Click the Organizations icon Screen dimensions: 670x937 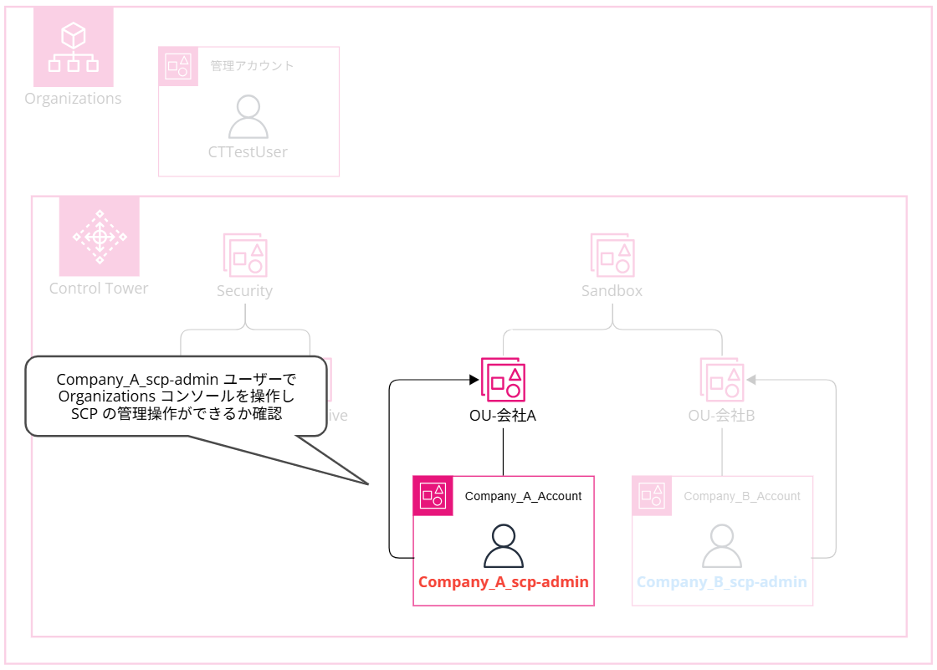[x=73, y=47]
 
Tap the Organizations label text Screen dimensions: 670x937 [x=73, y=99]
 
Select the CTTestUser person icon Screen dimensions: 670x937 [x=248, y=117]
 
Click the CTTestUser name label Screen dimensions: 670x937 [x=248, y=152]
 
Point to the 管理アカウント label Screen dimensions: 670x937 [x=252, y=65]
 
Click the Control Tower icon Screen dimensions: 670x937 [x=99, y=237]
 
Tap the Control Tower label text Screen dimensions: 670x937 [x=99, y=289]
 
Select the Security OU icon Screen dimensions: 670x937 [x=245, y=254]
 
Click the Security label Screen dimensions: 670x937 [x=244, y=291]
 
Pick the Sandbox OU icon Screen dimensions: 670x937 [x=612, y=254]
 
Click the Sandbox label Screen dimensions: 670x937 [x=612, y=291]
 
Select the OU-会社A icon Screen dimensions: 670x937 [x=503, y=380]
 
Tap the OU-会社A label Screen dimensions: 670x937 [x=503, y=415]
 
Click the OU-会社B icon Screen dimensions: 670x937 [x=722, y=380]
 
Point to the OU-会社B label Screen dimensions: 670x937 [x=722, y=415]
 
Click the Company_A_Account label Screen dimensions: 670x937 [x=524, y=496]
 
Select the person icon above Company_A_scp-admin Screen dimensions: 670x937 [x=504, y=546]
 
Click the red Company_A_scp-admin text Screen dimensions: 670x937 [x=504, y=582]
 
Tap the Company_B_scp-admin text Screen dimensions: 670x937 [x=722, y=582]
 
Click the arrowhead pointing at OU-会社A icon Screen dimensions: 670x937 [x=474, y=381]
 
